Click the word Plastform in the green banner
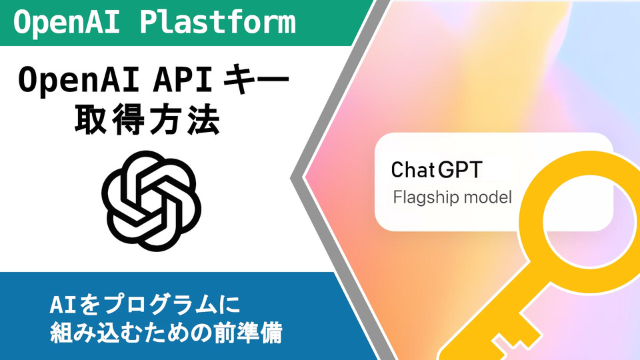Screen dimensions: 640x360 pos(218,22)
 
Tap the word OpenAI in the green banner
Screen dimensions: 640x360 pos(66,23)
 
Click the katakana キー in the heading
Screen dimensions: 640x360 pos(256,80)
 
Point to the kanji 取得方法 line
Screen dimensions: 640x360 pos(148,119)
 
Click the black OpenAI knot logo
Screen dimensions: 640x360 pos(151,201)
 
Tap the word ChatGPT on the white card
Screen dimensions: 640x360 pos(437,170)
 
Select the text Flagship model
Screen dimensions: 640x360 pos(452,197)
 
